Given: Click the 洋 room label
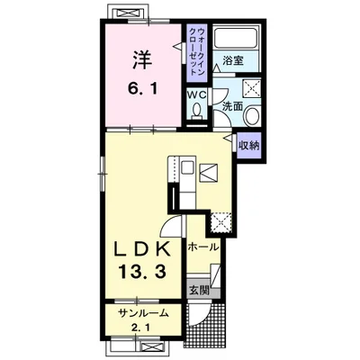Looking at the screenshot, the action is click(x=142, y=60).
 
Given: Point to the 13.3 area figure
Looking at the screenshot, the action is click(x=142, y=272).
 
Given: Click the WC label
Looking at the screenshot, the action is click(x=197, y=95).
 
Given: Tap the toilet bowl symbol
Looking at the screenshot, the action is click(x=197, y=110).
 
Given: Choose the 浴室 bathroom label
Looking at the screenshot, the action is click(x=233, y=60).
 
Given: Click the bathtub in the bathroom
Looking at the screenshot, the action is click(x=235, y=38).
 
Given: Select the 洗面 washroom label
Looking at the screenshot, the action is click(x=232, y=107).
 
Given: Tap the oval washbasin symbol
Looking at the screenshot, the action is click(x=252, y=116).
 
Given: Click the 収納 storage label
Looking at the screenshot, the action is click(x=248, y=146).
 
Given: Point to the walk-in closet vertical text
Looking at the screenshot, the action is click(x=197, y=51).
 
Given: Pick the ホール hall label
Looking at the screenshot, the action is click(x=202, y=247).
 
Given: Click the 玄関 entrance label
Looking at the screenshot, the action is click(x=199, y=290).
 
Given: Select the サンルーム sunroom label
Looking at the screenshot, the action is click(x=143, y=313).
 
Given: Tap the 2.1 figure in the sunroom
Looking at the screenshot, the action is click(x=142, y=326).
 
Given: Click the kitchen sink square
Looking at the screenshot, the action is click(x=187, y=167).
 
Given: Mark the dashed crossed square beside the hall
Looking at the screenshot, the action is click(x=220, y=222).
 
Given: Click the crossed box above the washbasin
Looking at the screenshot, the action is click(x=252, y=88).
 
